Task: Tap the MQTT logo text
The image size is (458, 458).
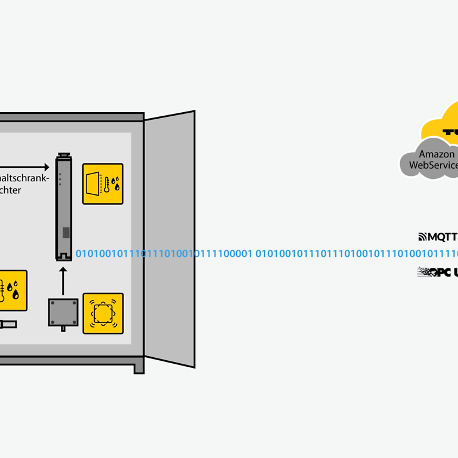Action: (438, 237)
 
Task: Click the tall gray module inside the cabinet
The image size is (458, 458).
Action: (64, 209)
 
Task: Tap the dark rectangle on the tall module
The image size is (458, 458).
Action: (66, 233)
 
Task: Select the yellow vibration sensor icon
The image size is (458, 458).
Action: (103, 313)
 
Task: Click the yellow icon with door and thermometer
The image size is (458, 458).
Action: (103, 184)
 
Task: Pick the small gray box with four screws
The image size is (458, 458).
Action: (63, 312)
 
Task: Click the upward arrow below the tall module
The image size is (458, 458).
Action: (64, 280)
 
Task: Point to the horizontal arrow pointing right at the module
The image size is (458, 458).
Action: (24, 168)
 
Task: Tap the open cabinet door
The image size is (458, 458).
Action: (170, 239)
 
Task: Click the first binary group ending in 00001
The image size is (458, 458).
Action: (164, 254)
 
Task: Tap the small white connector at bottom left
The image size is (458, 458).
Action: (8, 324)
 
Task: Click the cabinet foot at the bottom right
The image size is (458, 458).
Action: (139, 367)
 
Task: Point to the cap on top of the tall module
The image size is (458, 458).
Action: (64, 156)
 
